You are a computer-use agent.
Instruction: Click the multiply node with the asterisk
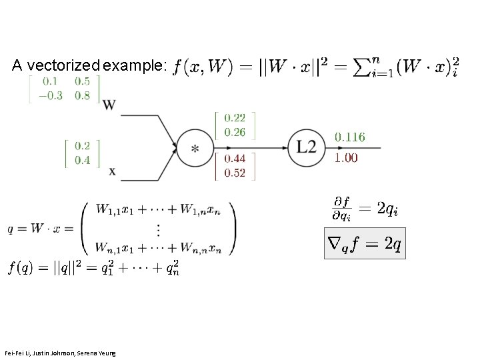coord(194,147)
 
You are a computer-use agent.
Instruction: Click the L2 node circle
coord(307,147)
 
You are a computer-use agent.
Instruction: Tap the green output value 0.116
coord(349,137)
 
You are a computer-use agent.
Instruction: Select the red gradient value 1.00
coord(346,158)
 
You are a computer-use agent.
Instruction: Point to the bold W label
coord(111,105)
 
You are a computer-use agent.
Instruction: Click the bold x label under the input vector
coord(112,171)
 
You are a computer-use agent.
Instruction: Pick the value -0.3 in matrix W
coord(51,95)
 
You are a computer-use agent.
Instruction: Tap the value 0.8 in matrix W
coord(83,95)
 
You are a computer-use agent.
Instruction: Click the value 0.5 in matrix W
coord(83,81)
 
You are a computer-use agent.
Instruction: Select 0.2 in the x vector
coord(83,146)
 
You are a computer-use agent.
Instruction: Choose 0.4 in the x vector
coord(83,159)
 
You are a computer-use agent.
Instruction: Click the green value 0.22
coord(235,119)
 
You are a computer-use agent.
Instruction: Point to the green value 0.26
coord(235,132)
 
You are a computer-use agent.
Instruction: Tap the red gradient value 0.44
coord(235,159)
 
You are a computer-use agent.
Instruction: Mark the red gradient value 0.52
coord(235,173)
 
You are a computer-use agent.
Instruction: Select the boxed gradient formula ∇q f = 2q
coord(364,245)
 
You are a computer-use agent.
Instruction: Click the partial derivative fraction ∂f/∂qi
coord(342,208)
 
